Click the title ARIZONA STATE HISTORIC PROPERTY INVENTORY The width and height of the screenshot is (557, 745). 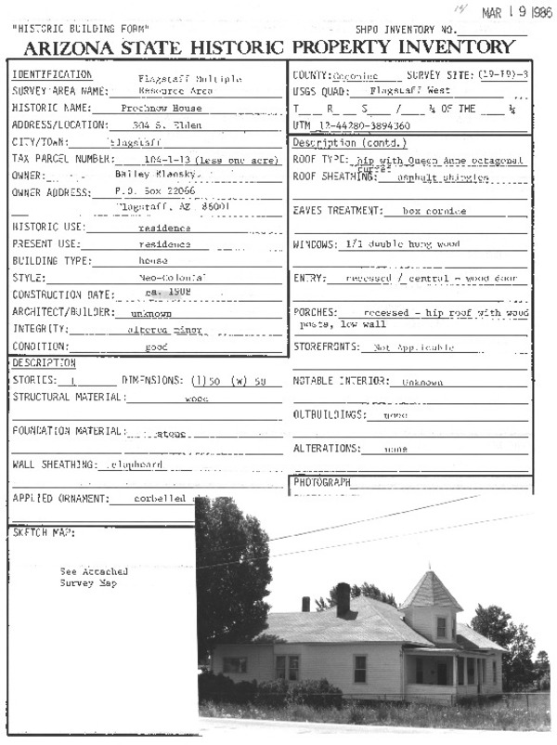[269, 46]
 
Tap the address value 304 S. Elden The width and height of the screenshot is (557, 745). [167, 125]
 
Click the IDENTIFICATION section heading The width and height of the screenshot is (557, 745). [52, 74]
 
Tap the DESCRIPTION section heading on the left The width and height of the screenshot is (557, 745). [44, 363]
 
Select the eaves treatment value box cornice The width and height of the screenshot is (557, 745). [435, 211]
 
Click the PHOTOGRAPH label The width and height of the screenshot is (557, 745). [322, 483]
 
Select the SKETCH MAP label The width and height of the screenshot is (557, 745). [44, 533]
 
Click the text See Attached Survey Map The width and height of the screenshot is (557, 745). [93, 578]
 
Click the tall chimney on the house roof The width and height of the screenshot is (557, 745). [343, 597]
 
